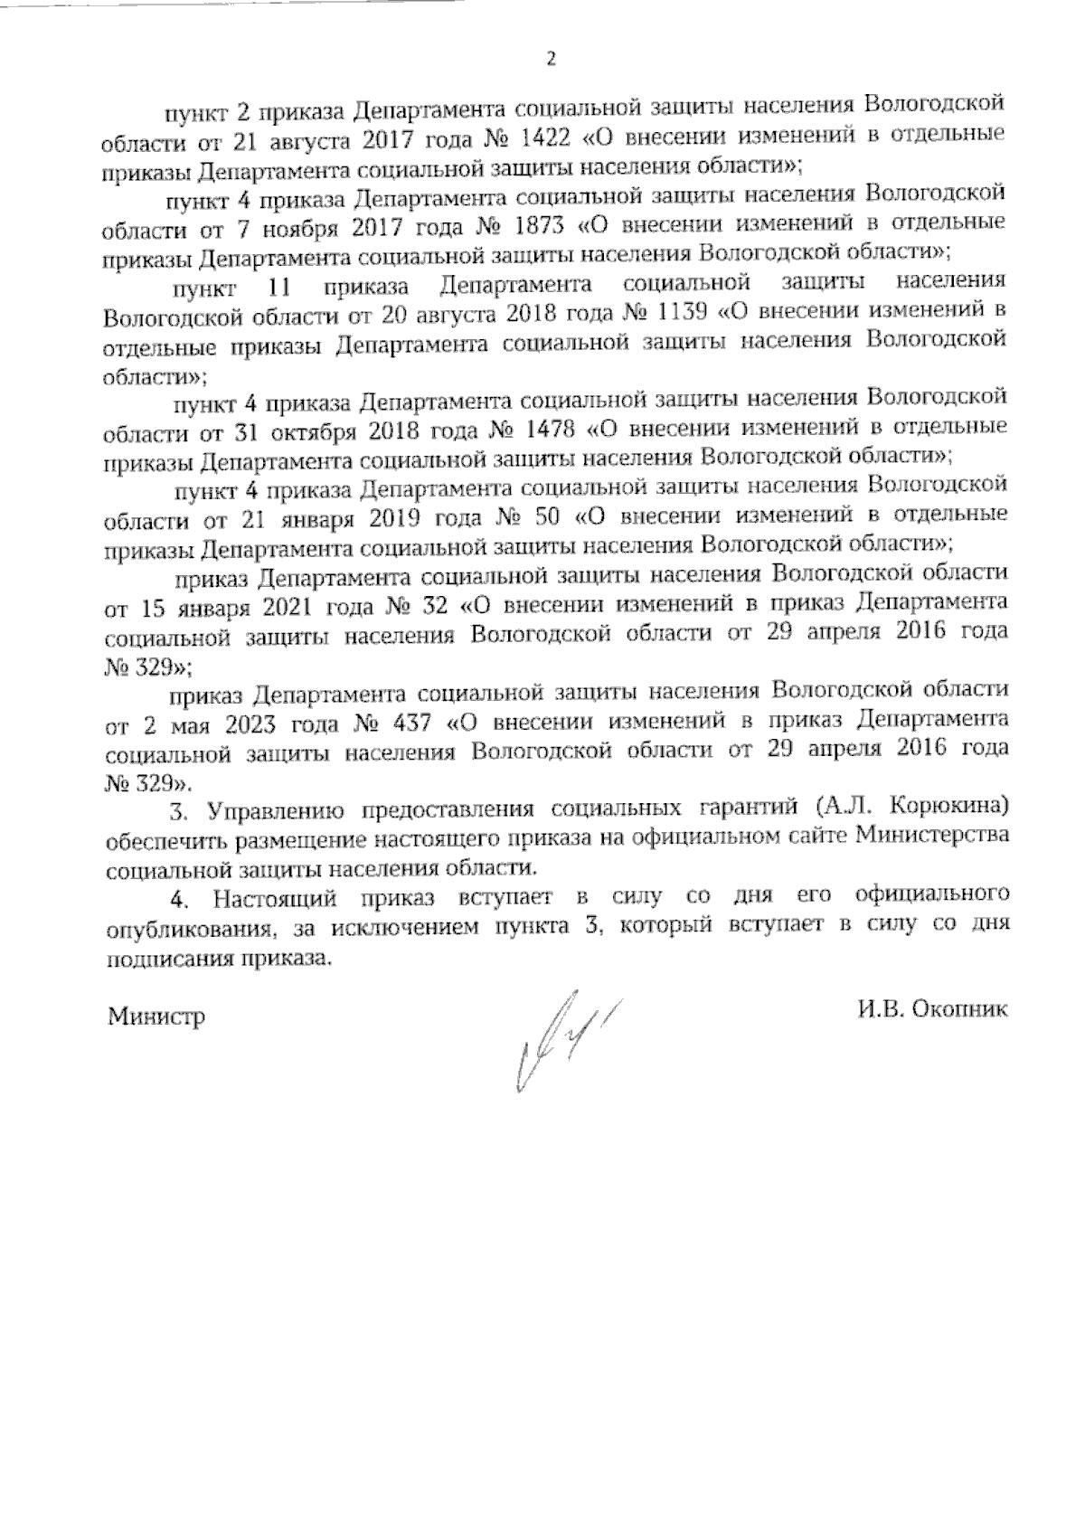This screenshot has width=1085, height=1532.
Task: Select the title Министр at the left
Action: (x=156, y=1017)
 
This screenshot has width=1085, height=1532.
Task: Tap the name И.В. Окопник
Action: (x=932, y=1011)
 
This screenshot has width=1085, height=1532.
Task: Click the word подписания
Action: (x=168, y=958)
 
